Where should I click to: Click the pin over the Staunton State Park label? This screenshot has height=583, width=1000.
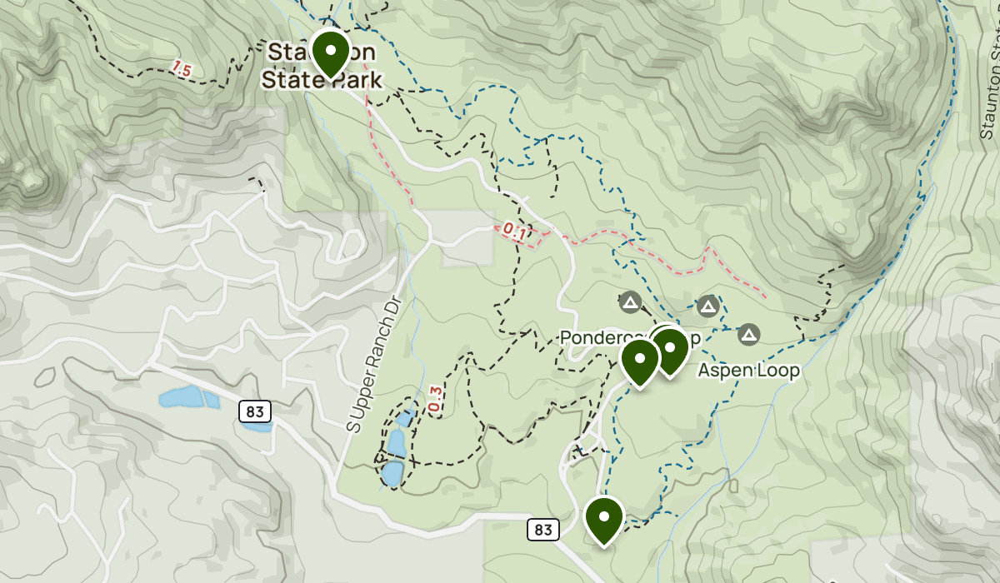331,52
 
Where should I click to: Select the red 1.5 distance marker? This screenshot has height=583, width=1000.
182,70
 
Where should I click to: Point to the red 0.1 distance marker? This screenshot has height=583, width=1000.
515,232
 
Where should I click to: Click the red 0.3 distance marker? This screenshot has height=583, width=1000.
434,398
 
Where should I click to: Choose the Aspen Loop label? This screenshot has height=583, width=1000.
748,371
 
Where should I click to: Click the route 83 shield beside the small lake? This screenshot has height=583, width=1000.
255,411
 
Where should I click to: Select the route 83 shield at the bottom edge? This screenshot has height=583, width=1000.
543,530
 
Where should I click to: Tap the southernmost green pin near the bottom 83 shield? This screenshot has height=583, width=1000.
604,517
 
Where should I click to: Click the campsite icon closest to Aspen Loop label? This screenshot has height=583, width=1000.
748,335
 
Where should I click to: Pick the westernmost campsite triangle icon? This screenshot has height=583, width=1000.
629,301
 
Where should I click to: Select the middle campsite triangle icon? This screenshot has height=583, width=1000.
708,306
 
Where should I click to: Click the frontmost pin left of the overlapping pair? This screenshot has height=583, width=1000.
640,361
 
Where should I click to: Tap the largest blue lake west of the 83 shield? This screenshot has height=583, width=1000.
182,397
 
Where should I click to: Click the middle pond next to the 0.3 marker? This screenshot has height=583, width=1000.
396,443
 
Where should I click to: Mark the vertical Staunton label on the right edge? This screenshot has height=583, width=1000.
989,83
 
